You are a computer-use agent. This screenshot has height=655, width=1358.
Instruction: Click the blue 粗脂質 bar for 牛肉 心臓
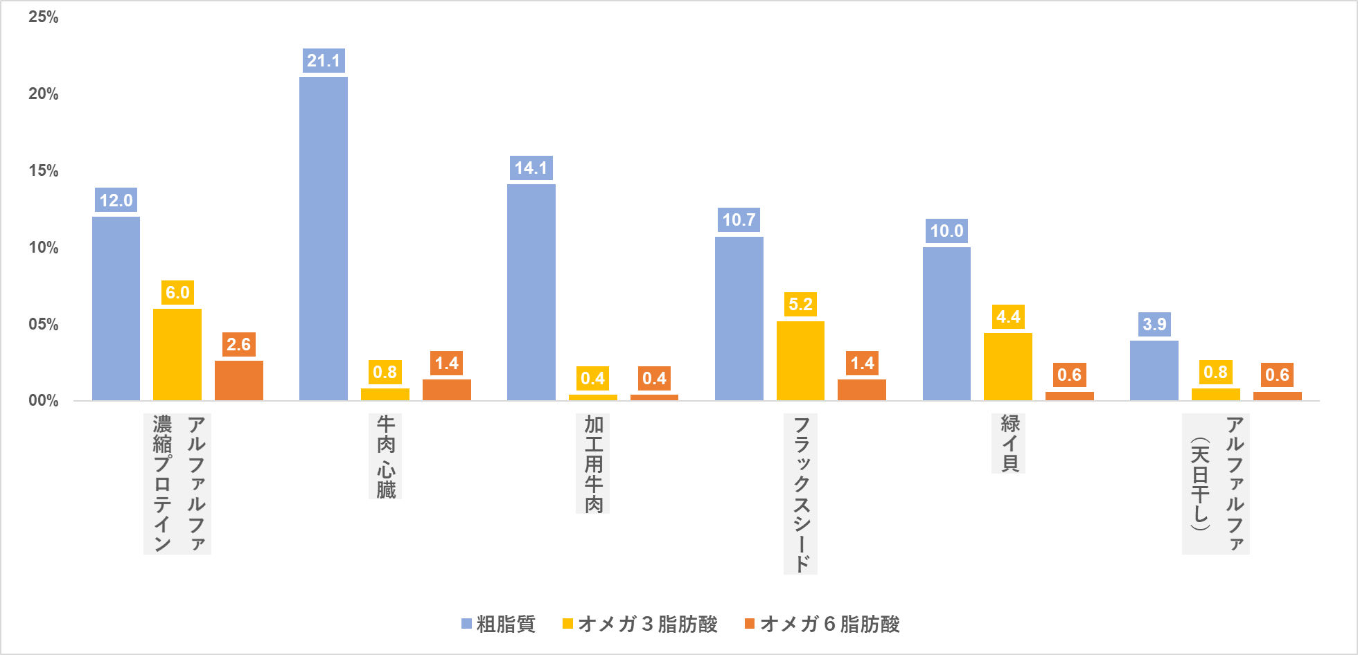[324, 238]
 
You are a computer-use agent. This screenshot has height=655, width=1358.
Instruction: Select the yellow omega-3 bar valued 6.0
[177, 355]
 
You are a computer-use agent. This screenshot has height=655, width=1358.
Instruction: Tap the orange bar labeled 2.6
[239, 380]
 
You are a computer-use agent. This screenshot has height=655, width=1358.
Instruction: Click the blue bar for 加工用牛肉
[531, 291]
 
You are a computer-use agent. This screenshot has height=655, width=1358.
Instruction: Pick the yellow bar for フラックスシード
[800, 361]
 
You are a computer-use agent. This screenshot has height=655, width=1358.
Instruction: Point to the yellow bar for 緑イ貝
[1008, 366]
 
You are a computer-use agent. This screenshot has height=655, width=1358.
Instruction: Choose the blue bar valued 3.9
[1154, 370]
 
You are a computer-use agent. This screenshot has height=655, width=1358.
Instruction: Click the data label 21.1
[324, 61]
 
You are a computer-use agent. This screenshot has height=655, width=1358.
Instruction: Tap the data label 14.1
[531, 168]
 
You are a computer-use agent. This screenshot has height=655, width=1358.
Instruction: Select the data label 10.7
[739, 220]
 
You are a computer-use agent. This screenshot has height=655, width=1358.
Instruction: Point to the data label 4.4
[1008, 317]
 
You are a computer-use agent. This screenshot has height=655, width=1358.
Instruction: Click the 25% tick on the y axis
[44, 17]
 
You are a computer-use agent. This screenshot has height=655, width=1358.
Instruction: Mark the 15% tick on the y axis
[44, 170]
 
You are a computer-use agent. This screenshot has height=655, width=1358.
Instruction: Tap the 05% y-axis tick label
[44, 324]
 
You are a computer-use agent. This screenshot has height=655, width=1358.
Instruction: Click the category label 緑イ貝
[1008, 443]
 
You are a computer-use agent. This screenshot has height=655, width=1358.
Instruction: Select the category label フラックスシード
[800, 494]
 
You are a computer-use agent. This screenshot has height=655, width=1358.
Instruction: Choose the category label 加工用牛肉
[593, 463]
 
